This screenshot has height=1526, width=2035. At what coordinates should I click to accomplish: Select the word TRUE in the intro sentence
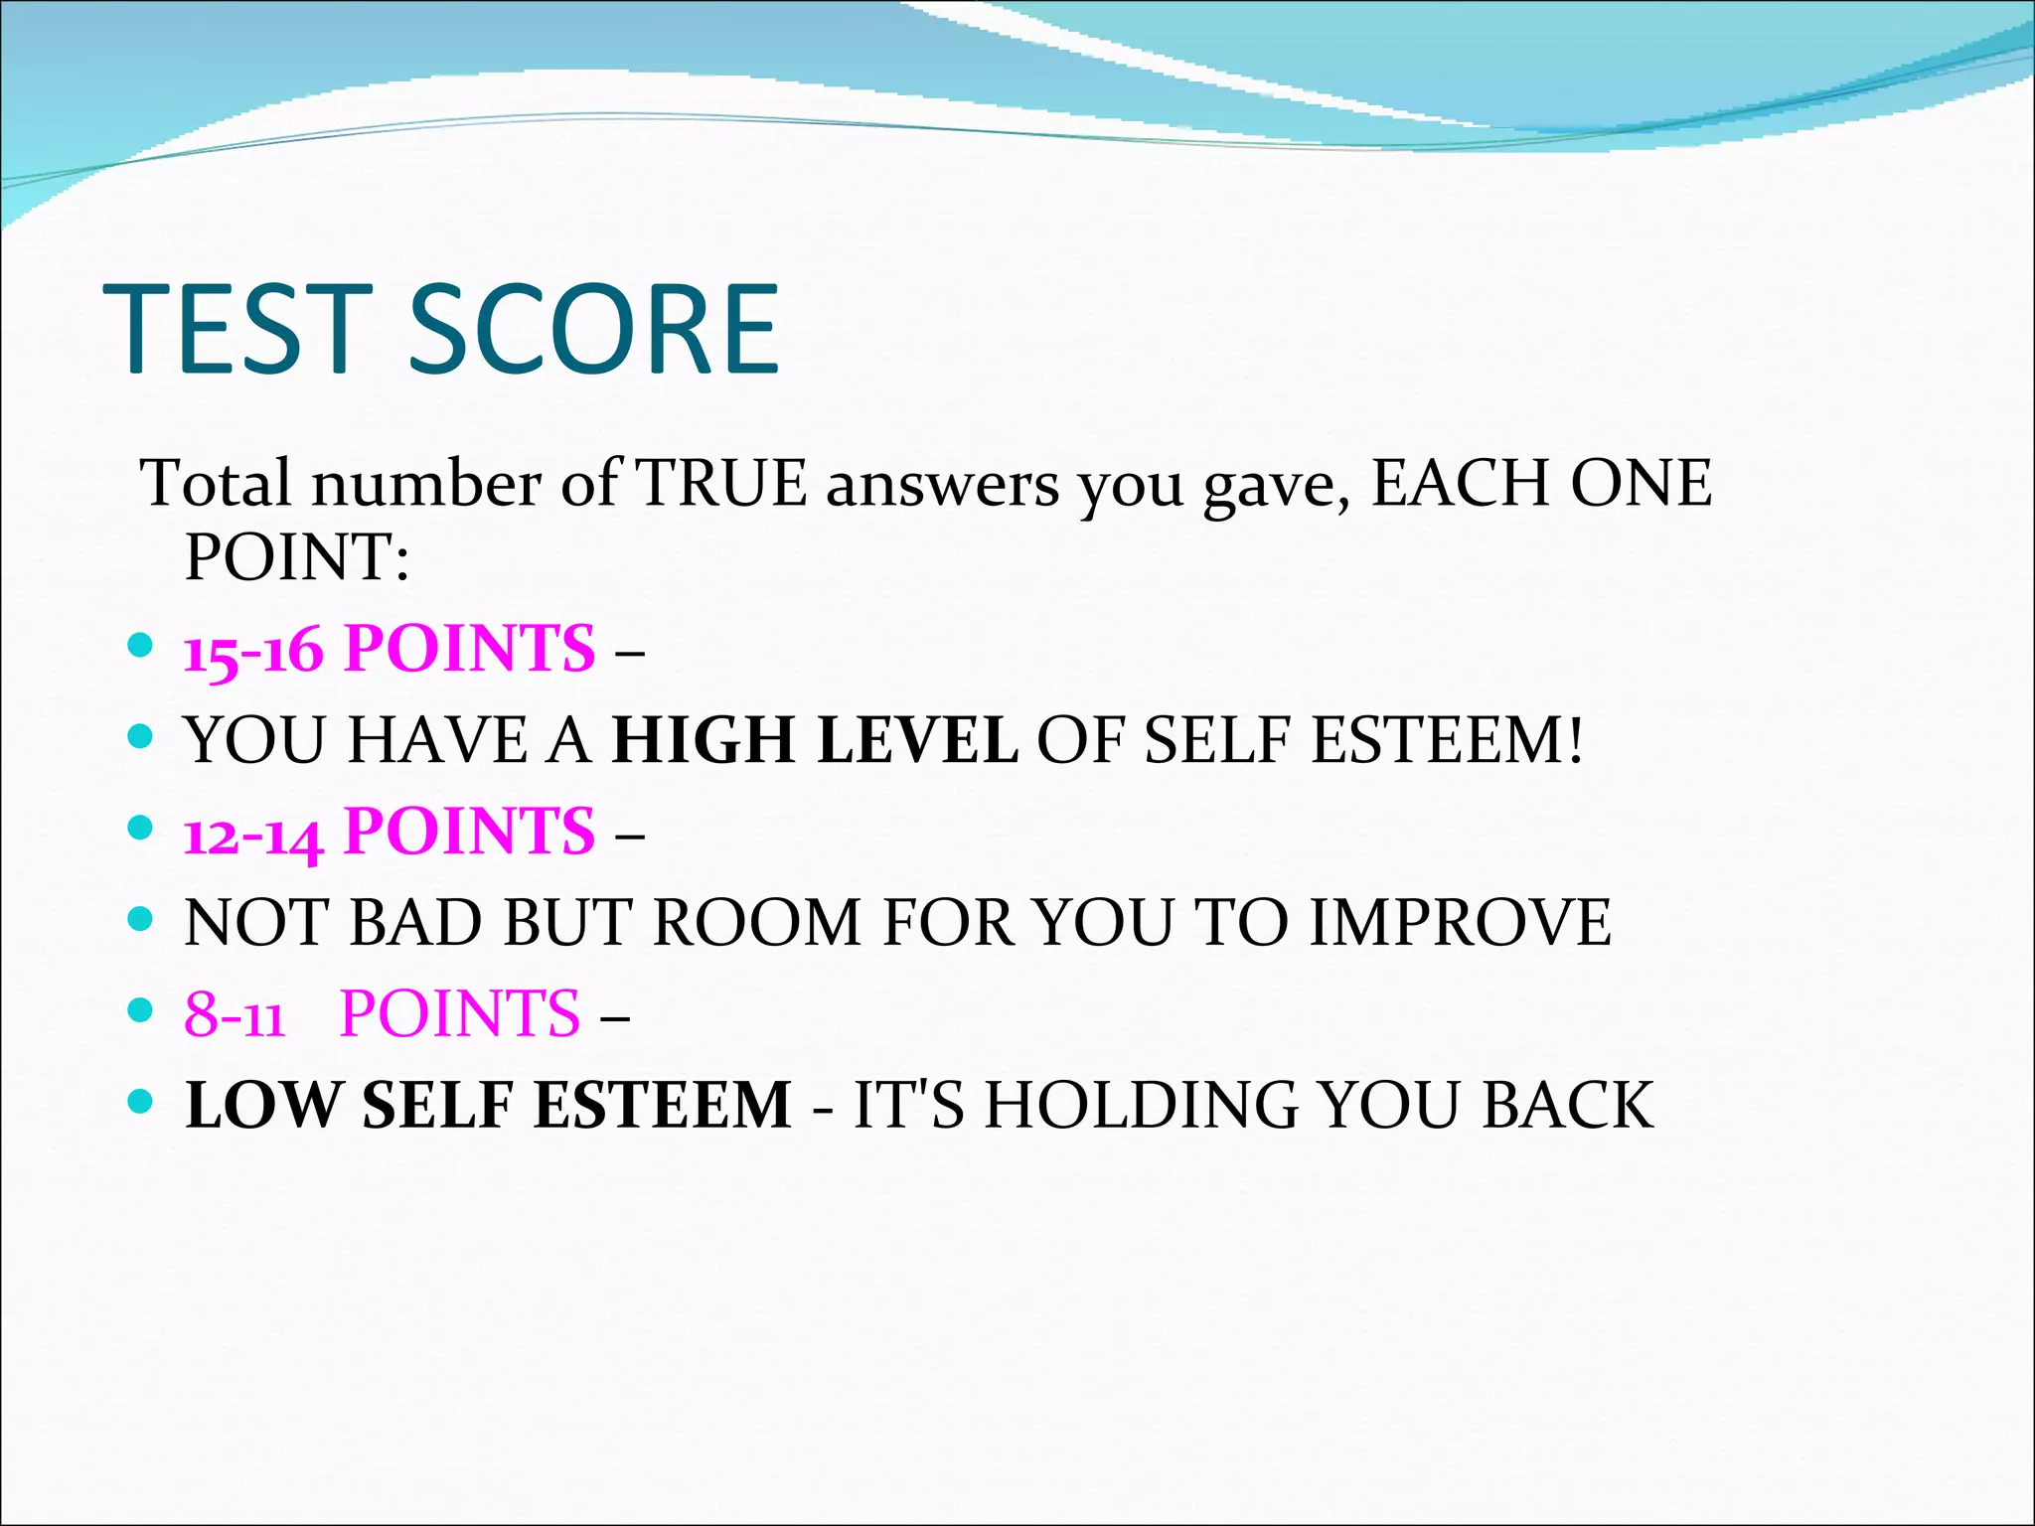click(721, 484)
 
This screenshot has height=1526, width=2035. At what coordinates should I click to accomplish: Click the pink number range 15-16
click(253, 650)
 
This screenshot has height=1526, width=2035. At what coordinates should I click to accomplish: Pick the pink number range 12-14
click(253, 833)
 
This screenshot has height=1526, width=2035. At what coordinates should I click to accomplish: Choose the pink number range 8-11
click(235, 1015)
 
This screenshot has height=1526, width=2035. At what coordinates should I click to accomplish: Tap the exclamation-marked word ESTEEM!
click(1446, 741)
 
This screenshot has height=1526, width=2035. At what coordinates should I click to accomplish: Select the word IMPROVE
click(1460, 923)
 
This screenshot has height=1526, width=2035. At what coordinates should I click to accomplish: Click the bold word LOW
click(262, 1106)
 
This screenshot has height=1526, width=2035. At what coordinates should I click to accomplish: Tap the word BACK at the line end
click(1567, 1106)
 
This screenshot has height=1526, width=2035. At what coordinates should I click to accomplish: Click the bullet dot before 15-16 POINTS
click(141, 647)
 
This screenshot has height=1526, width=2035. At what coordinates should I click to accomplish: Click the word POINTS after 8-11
click(459, 1015)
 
